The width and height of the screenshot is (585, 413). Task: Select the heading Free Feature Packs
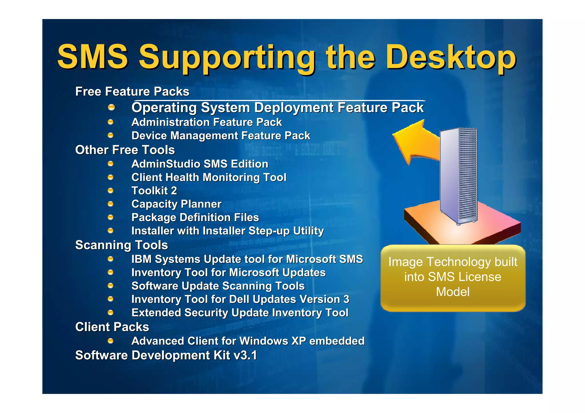[132, 92]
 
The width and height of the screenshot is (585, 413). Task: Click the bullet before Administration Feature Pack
[111, 122]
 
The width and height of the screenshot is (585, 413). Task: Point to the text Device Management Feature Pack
[221, 136]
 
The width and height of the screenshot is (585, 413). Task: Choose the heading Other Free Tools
[125, 150]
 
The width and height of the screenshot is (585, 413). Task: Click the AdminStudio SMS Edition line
[200, 164]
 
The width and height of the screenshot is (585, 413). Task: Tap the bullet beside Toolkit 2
[111, 191]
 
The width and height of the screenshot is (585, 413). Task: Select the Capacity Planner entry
[176, 204]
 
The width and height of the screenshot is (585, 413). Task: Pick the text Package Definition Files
[195, 217]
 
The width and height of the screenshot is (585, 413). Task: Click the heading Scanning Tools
[121, 245]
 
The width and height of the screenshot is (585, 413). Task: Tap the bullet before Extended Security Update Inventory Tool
[111, 313]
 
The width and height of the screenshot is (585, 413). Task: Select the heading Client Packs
[112, 327]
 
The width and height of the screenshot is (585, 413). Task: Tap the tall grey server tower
[458, 176]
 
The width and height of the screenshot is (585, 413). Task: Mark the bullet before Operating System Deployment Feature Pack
[111, 108]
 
